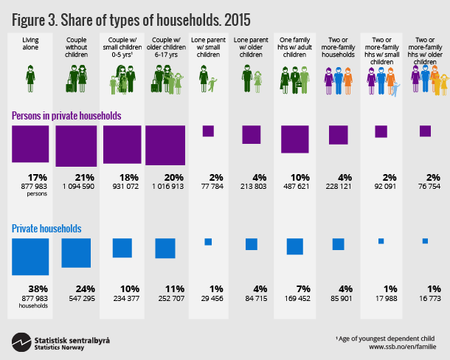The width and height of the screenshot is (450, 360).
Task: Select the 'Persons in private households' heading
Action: (66, 116)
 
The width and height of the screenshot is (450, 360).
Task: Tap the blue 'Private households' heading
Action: (46, 229)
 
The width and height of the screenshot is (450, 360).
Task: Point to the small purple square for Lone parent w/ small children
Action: (208, 131)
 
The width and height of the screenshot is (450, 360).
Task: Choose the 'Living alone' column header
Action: (30, 43)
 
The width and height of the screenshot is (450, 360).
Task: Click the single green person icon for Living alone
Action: (30, 77)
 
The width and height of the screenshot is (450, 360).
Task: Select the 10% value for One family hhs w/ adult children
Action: (294, 177)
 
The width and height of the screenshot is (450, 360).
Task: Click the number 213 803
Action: (251, 187)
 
